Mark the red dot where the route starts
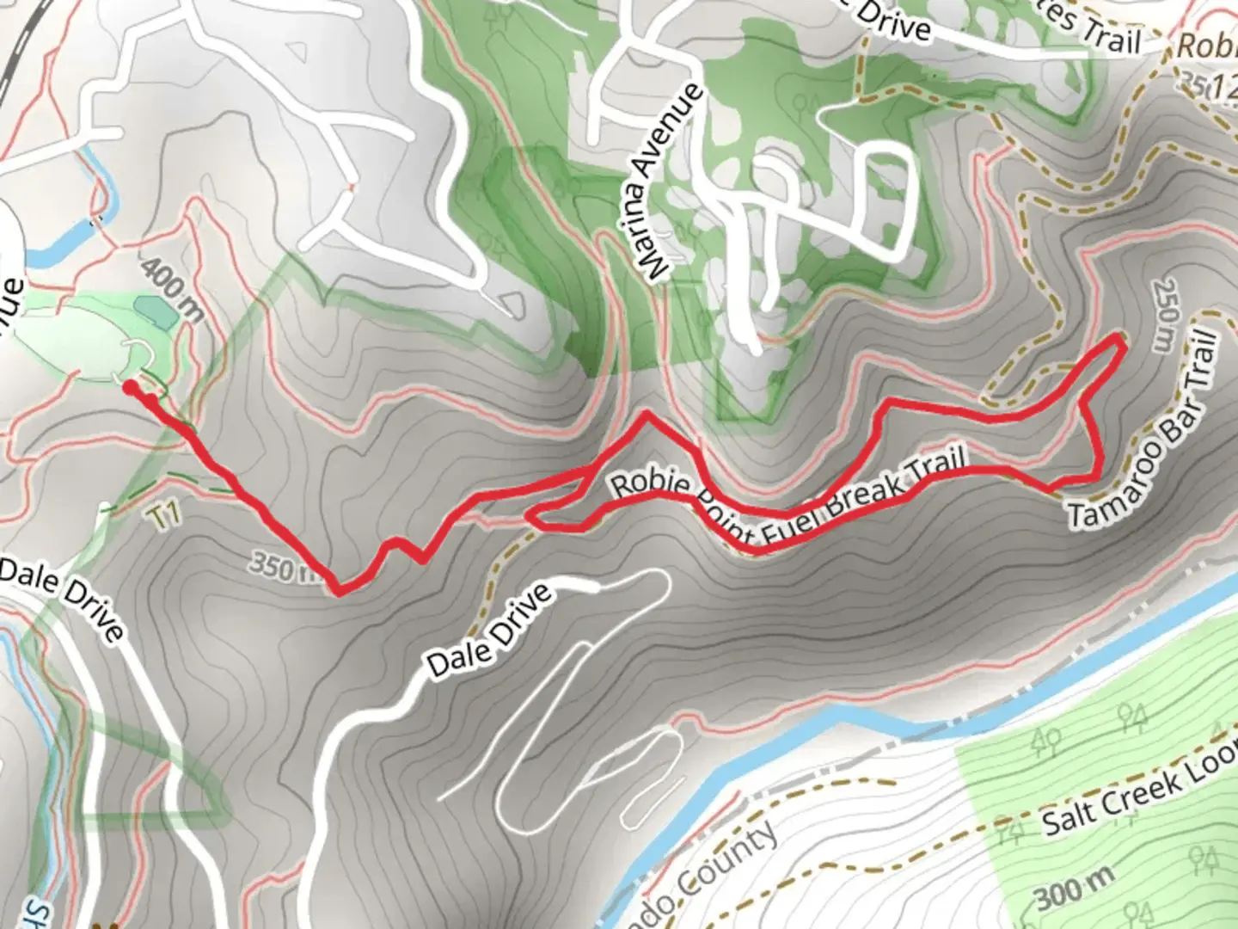pyautogui.click(x=130, y=388)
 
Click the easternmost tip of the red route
pyautogui.click(x=1124, y=342)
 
